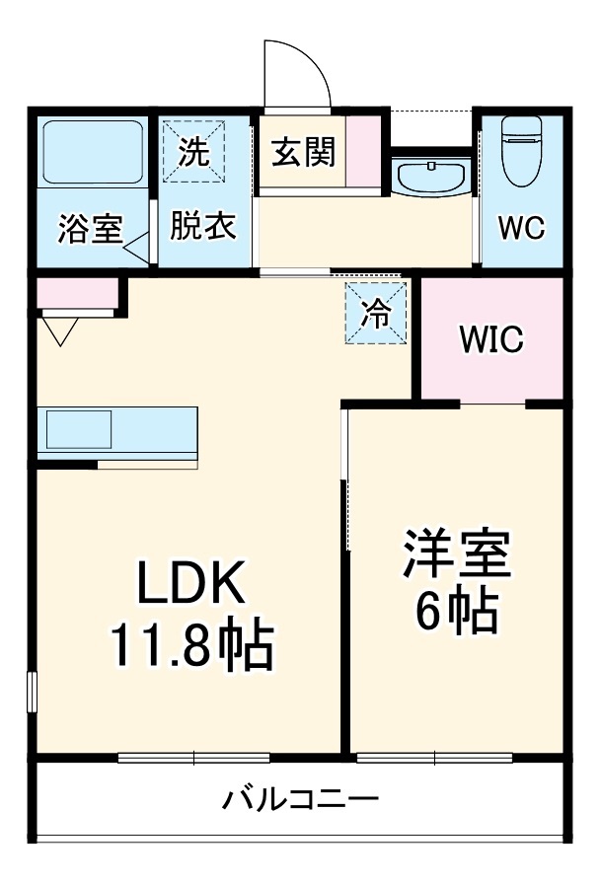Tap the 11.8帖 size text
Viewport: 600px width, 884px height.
189,647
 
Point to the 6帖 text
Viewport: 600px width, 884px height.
455,613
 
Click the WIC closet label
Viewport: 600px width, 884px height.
491,340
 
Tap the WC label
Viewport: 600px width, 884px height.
520,228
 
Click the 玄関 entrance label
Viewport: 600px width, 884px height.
303,153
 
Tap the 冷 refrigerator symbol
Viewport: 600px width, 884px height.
376,313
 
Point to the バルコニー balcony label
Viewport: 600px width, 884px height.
298,797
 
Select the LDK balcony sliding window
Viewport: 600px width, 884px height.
193,759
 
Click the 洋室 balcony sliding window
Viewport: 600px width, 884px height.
434,759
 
